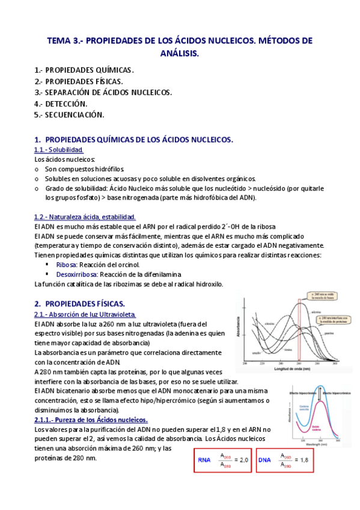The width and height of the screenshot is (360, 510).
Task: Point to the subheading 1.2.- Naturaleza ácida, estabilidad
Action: (85, 217)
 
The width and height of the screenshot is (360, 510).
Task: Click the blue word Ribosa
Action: (66, 265)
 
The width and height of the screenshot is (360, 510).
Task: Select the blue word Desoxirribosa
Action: (76, 274)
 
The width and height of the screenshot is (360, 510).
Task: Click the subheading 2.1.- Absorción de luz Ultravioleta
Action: (85, 314)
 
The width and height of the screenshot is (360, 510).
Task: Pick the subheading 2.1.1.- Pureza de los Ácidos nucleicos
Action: (91, 419)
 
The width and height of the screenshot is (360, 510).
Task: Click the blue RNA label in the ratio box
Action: (204, 460)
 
